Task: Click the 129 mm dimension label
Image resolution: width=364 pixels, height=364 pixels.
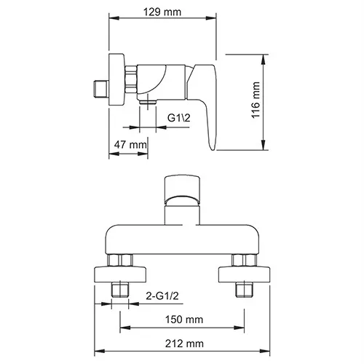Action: tap(163, 12)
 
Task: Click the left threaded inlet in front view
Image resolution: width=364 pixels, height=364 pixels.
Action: tap(121, 291)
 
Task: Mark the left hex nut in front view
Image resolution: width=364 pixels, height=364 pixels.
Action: tap(121, 261)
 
